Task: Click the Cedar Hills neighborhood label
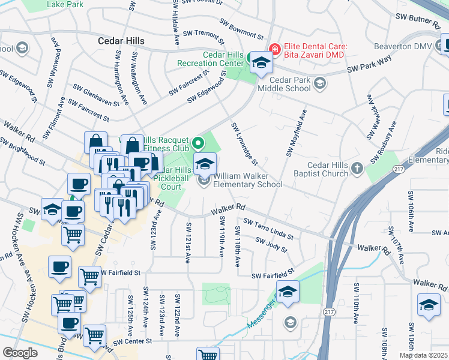[121, 41]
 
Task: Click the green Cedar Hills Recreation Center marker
[250, 57]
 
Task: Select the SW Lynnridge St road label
[245, 144]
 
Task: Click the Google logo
[20, 353]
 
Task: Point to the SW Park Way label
[370, 65]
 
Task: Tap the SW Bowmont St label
[241, 28]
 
